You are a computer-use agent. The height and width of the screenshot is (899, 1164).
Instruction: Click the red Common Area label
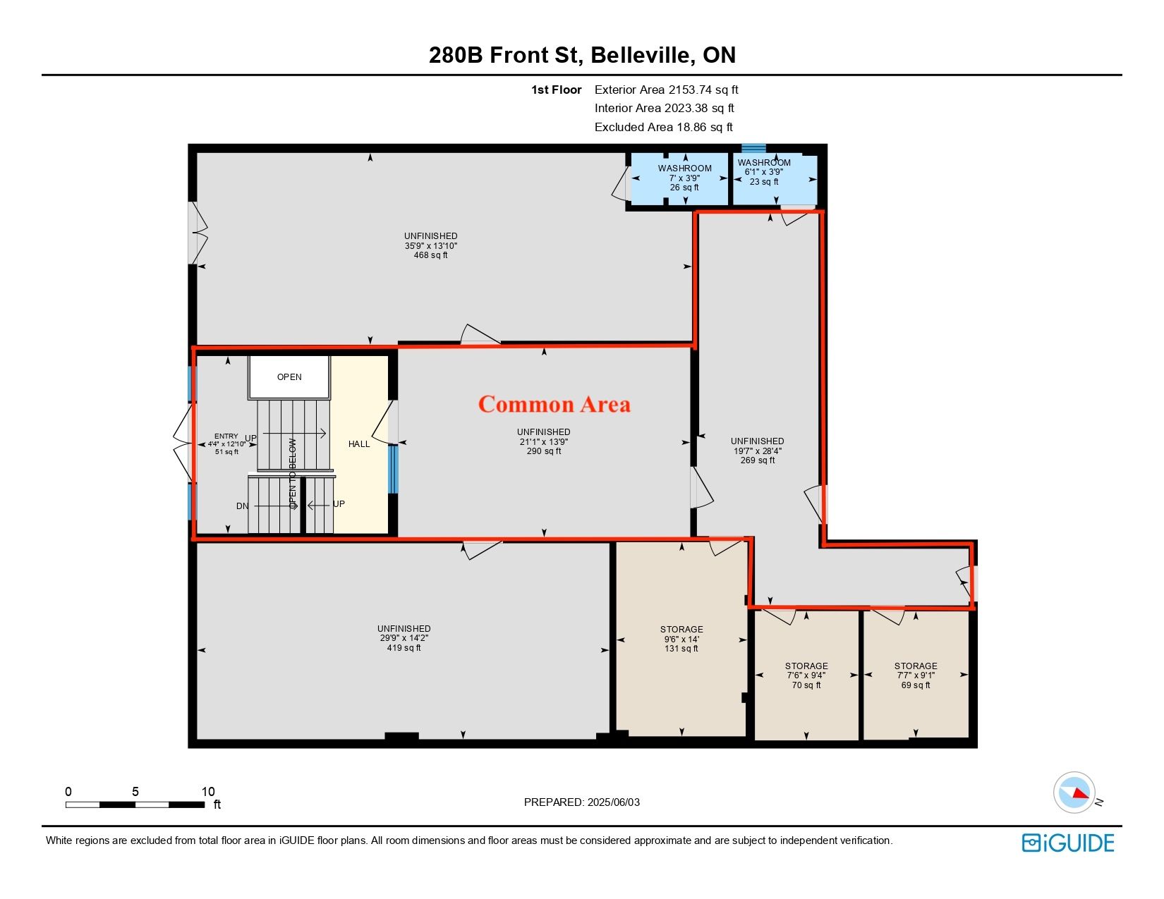pos(554,404)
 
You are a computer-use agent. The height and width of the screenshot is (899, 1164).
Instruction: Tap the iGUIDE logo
pos(1067,843)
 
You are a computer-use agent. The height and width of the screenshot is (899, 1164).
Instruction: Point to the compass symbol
pos(1074,793)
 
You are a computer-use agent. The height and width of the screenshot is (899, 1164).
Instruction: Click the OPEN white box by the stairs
pos(289,377)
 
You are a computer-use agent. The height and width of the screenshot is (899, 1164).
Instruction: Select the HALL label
pos(359,444)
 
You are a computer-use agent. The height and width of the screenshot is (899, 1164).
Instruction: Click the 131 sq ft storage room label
pos(681,639)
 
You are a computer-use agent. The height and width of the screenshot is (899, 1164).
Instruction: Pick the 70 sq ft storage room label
pos(806,675)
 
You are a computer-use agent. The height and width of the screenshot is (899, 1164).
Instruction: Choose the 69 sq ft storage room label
pos(916,675)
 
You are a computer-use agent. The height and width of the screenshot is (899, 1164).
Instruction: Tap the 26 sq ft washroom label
pos(684,178)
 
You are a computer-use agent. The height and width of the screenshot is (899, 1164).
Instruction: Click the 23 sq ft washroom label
pos(764,172)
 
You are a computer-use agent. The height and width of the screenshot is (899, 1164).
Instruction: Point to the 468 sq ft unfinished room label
pos(430,246)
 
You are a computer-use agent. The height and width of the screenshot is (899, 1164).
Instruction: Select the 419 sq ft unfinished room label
pos(404,638)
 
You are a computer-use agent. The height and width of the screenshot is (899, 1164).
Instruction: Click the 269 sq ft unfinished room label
pos(758,451)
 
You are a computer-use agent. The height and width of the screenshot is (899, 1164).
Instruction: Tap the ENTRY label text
pos(226,436)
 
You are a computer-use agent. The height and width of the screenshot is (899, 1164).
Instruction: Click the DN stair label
pos(242,506)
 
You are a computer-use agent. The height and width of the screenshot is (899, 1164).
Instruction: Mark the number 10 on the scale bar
pos(208,791)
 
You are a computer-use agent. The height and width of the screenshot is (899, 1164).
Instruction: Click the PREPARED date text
pos(582,802)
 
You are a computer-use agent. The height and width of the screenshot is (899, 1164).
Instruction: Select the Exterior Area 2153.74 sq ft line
pos(667,90)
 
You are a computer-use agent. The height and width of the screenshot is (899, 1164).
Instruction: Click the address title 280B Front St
pos(506,55)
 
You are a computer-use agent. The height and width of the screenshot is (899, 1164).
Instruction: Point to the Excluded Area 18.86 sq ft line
pos(664,127)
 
